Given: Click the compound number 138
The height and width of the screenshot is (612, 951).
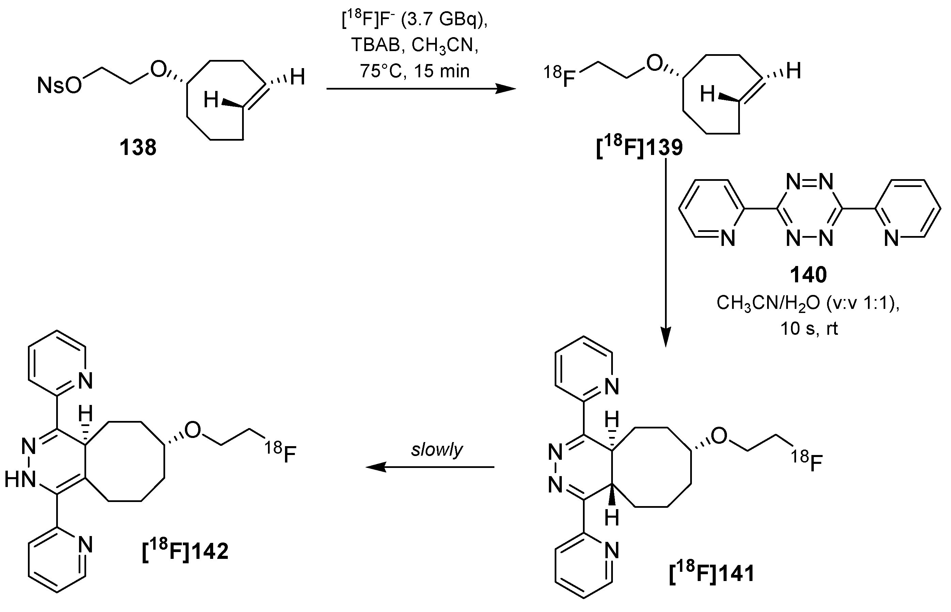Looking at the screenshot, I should tap(138, 148).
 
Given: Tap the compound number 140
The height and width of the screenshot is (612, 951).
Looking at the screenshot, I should tap(808, 274).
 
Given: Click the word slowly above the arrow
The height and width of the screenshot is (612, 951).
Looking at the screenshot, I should tap(437, 450).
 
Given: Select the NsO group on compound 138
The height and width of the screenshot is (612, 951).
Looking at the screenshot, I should tap(59, 85).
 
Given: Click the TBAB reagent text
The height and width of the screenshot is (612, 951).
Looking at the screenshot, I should tap(375, 45).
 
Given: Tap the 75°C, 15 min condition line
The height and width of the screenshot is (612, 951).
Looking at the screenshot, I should tap(415, 71).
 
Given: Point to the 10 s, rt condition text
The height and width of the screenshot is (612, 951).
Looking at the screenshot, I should tap(809, 329).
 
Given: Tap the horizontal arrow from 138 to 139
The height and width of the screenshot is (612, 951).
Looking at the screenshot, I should tap(421, 89).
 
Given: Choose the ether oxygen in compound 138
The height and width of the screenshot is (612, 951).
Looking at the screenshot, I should tap(158, 70).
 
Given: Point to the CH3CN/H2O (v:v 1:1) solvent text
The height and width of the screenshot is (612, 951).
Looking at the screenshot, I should tap(808, 303).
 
